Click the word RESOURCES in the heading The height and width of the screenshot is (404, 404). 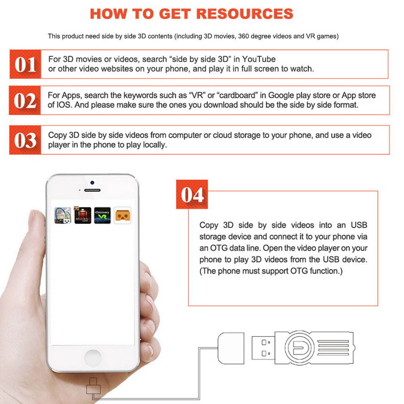tap(245, 14)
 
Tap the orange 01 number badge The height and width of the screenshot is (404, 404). tap(25, 64)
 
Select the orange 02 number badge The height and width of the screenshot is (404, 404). tap(25, 100)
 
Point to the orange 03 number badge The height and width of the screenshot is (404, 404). tap(25, 140)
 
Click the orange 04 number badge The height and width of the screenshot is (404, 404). tap(192, 194)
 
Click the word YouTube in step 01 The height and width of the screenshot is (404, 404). tap(259, 59)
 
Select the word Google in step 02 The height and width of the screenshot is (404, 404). tap(281, 96)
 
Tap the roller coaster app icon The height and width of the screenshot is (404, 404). tap(63, 215)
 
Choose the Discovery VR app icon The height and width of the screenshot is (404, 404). tap(102, 215)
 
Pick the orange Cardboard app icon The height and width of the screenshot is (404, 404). tap(122, 215)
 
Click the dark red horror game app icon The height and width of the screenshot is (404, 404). tap(82, 215)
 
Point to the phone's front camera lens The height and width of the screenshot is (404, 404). tap(92, 183)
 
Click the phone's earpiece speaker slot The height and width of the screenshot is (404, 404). tap(92, 190)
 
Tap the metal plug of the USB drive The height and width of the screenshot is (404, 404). tap(263, 347)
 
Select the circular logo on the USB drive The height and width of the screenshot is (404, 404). tap(299, 347)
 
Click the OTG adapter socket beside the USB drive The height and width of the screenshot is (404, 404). tap(231, 348)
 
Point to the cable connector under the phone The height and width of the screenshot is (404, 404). tap(93, 387)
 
